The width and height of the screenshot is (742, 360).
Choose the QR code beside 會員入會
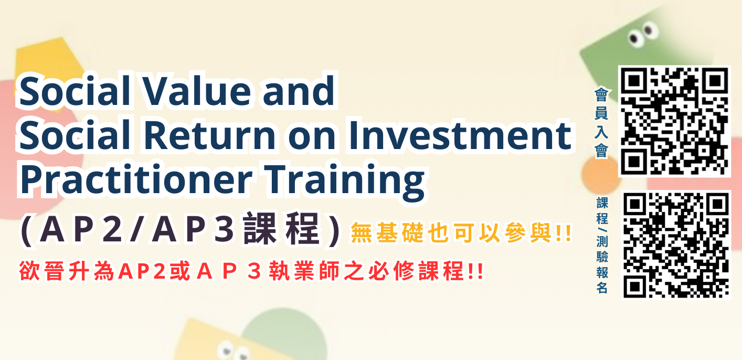click(674, 121)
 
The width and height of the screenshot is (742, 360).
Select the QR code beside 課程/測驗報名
click(676, 245)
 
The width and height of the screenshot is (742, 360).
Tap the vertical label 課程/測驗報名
click(602, 245)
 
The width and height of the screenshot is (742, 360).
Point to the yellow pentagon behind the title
click(45, 66)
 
